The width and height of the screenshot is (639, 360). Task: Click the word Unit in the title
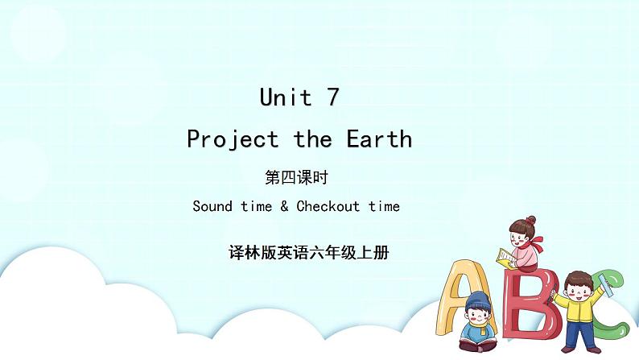point(286,98)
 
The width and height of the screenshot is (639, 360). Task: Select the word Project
point(233,140)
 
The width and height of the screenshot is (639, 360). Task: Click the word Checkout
point(328,206)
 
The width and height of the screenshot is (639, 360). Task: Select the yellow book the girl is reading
point(505,257)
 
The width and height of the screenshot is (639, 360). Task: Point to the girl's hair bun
point(530,219)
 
